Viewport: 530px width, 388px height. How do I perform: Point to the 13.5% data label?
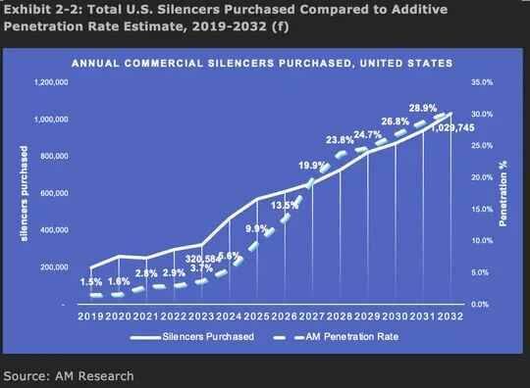[x=285, y=206]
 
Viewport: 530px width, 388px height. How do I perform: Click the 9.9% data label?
[x=257, y=229]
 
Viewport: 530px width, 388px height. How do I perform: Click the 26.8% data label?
[x=396, y=121]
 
